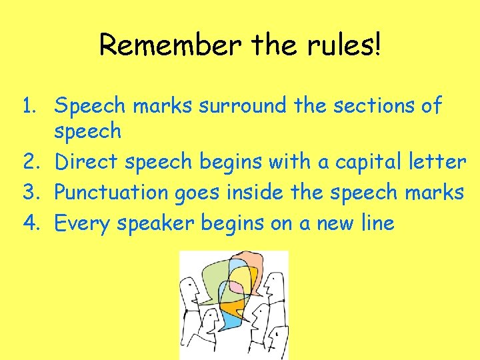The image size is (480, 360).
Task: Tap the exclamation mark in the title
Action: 377,45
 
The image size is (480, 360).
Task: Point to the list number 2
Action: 29,162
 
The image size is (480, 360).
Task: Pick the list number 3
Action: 29,193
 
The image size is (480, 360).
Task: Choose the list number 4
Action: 29,223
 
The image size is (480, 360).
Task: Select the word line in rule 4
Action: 377,223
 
